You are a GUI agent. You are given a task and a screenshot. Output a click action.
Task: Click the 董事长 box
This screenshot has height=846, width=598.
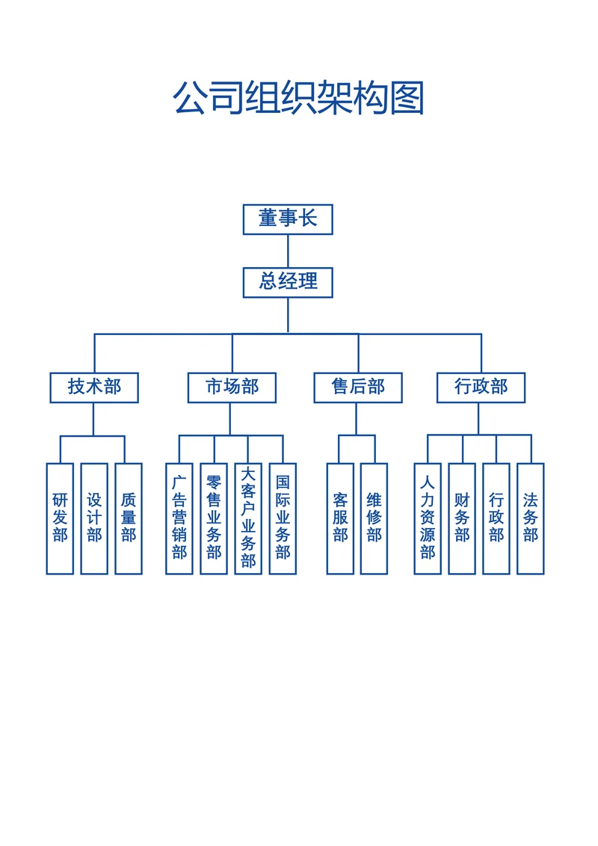pos(288,219)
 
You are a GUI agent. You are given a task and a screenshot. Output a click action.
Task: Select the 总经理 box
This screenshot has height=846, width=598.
pos(288,282)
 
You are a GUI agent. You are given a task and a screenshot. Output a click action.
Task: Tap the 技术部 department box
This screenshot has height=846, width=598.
pos(94,387)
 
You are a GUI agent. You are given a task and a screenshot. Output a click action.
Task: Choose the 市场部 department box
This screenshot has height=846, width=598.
pos(232,387)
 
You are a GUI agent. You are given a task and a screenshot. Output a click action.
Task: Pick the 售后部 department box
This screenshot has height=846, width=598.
pos(358,387)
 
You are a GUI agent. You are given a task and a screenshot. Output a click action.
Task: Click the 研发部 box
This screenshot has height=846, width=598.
pos(60,518)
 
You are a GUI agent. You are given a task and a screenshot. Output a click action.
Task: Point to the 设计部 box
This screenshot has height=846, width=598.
pos(94,518)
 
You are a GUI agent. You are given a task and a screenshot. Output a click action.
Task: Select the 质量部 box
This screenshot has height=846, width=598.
pos(129,518)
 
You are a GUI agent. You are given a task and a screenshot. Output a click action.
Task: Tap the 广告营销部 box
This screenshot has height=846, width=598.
pos(179,518)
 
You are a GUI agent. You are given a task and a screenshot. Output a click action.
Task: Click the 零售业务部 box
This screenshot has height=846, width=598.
pos(214,518)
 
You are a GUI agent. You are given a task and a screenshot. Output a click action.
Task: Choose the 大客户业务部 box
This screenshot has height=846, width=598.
pos(248,518)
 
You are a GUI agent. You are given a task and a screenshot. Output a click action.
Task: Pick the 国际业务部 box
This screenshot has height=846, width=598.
pos(283,518)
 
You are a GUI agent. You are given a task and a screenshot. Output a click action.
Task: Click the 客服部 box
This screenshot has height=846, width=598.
pos(340,518)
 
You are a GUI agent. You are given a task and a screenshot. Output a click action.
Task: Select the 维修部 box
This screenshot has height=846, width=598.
pos(374,518)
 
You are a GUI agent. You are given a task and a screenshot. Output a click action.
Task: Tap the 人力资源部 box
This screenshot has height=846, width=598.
pos(428,518)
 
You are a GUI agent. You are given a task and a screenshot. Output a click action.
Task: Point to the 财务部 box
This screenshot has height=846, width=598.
pos(462,518)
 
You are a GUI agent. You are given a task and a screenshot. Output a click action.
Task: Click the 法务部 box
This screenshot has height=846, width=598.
pos(531,518)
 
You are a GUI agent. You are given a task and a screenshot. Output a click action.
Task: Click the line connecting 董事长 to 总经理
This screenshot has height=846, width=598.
pos(288,251)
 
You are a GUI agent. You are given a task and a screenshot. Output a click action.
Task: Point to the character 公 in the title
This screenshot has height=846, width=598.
pos(191,98)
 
